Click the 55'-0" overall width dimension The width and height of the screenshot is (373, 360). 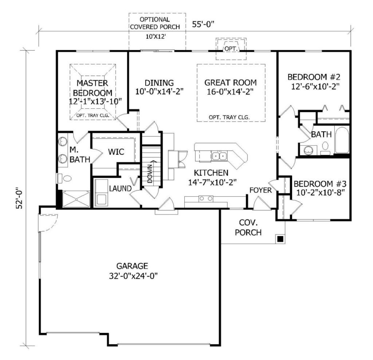point(203,24)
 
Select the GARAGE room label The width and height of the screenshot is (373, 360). point(132,266)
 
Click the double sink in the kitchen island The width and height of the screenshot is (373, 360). point(219,156)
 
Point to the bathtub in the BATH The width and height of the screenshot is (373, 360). point(342,140)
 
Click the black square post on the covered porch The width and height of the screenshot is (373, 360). point(280,239)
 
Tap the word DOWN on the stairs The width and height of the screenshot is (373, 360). point(150,173)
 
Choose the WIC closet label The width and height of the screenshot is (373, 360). point(116,152)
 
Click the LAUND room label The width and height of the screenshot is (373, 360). point(120,189)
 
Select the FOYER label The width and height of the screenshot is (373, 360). point(260,190)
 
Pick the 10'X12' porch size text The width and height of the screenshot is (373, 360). point(156,37)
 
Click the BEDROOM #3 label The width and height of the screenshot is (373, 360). point(320,184)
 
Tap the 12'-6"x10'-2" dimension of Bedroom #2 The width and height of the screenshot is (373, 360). point(315,86)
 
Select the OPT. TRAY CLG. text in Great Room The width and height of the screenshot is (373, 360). point(229,117)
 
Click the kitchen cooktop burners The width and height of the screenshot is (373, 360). point(206,198)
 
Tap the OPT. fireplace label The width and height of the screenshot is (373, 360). point(231,49)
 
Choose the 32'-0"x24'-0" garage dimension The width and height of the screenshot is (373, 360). point(133,276)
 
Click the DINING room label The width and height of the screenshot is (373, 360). point(159,83)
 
